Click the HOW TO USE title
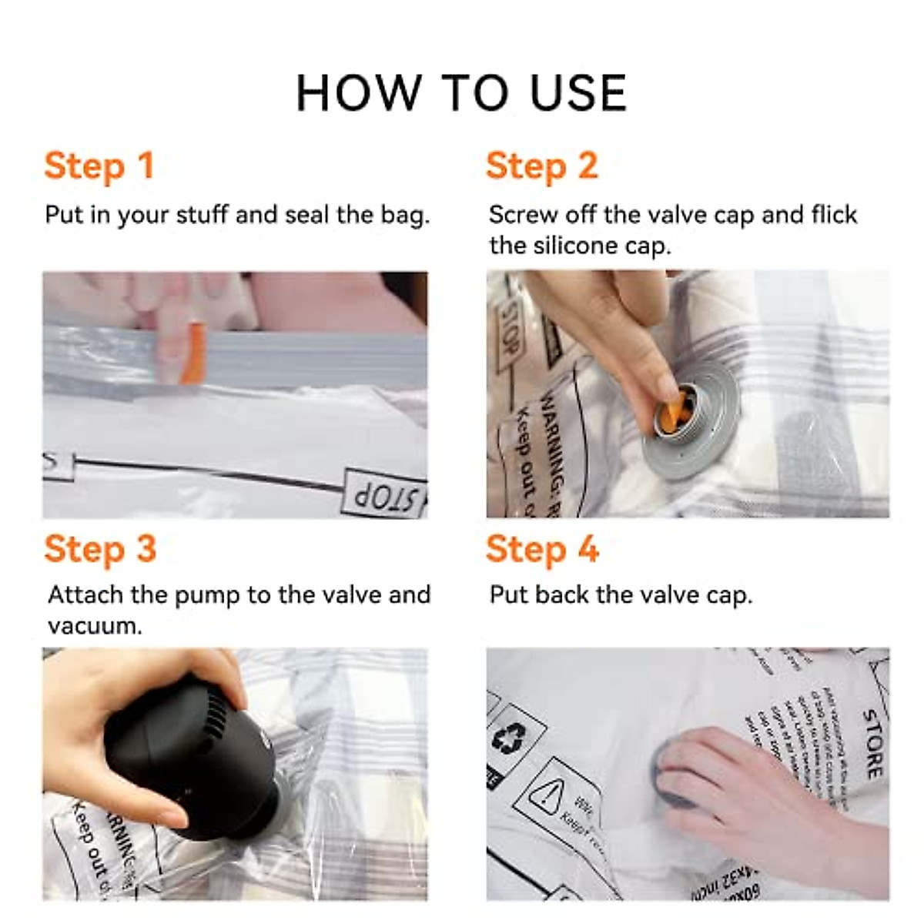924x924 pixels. click(461, 93)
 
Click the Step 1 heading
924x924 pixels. click(99, 166)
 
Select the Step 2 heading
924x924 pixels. click(541, 166)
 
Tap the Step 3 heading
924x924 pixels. click(100, 550)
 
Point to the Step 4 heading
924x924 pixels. click(541, 550)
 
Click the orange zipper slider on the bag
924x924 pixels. click(192, 353)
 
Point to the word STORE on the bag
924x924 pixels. click(872, 743)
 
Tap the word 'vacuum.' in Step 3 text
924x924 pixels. click(95, 625)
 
